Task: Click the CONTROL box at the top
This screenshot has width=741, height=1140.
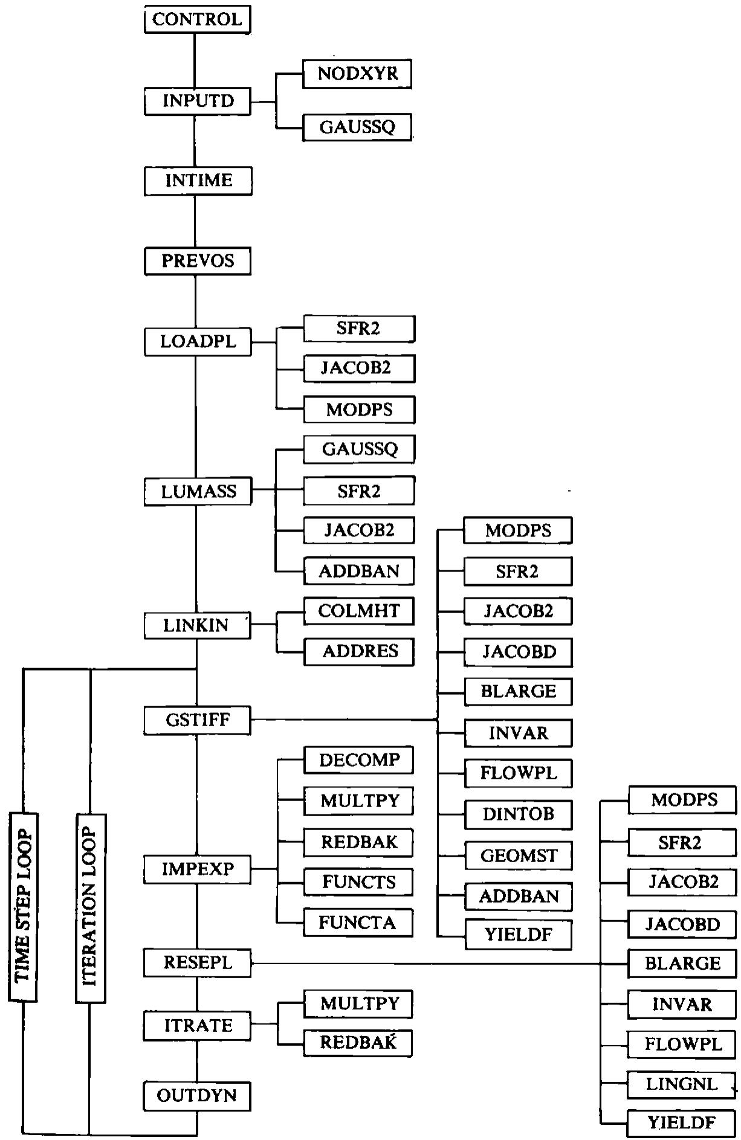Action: pyautogui.click(x=198, y=19)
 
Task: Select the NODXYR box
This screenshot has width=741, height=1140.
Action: pyautogui.click(x=357, y=74)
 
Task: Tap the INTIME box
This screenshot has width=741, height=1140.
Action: pyautogui.click(x=198, y=181)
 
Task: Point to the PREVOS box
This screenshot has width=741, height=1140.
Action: pyautogui.click(x=198, y=261)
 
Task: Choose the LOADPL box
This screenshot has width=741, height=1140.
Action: pyautogui.click(x=198, y=342)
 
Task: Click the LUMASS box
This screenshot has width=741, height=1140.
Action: pyautogui.click(x=198, y=491)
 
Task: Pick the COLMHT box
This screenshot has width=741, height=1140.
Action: pyautogui.click(x=359, y=611)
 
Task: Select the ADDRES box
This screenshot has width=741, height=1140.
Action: pyautogui.click(x=359, y=651)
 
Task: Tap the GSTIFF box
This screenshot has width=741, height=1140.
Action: pyautogui.click(x=197, y=720)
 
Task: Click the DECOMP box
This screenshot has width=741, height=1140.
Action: pyautogui.click(x=358, y=759)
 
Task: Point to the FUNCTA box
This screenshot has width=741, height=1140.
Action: pyautogui.click(x=358, y=923)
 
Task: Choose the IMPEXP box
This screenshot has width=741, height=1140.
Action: pyautogui.click(x=197, y=869)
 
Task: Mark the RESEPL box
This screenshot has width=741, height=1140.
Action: pyautogui.click(x=197, y=962)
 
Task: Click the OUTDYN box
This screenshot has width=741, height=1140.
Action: pyautogui.click(x=197, y=1096)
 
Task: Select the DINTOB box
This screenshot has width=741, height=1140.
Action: pyautogui.click(x=519, y=814)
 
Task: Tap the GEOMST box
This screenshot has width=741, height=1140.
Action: pyautogui.click(x=519, y=855)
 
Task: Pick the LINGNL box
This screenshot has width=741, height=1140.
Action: pyautogui.click(x=682, y=1084)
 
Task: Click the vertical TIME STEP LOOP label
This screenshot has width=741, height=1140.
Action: pyautogui.click(x=23, y=907)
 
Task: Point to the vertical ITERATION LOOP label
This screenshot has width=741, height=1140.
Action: pyautogui.click(x=91, y=909)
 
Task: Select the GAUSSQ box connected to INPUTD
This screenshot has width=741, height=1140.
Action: pyautogui.click(x=357, y=127)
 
